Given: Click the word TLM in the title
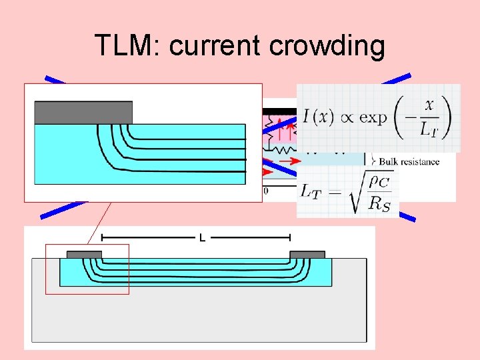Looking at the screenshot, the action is pyautogui.click(x=127, y=46).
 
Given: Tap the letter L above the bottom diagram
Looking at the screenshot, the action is pyautogui.click(x=202, y=237).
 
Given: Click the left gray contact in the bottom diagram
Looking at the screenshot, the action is pyautogui.click(x=85, y=255).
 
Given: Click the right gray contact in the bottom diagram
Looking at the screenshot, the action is pyautogui.click(x=307, y=255).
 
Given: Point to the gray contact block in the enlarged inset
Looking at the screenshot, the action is pyautogui.click(x=83, y=112).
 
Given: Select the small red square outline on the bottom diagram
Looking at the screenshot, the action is pyautogui.click(x=87, y=269).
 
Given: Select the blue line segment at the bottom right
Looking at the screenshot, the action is pyautogui.click(x=407, y=216).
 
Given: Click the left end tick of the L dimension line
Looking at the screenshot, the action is pyautogui.click(x=101, y=237).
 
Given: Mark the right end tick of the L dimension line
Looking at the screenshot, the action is pyautogui.click(x=290, y=237).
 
